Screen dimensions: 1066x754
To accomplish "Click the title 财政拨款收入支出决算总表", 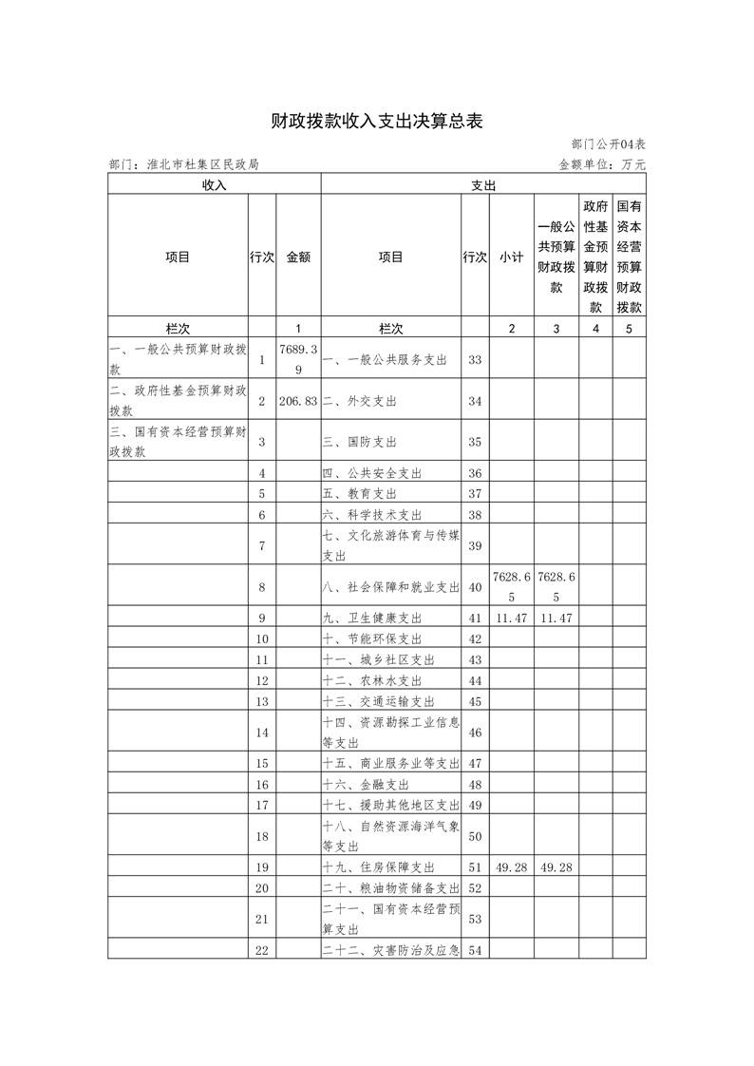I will (x=377, y=121).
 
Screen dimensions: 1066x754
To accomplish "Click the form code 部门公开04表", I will (x=609, y=143).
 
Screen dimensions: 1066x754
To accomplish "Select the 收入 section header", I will (x=214, y=185).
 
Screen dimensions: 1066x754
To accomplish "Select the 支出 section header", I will (x=483, y=185).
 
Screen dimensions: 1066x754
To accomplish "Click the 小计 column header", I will (x=512, y=257).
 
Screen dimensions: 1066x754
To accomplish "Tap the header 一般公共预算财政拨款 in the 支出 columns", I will (x=556, y=257).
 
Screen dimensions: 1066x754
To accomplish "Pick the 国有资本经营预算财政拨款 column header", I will (x=629, y=257).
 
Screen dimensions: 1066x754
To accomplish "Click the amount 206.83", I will (x=298, y=401).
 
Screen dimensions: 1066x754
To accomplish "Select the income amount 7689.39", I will (x=298, y=360).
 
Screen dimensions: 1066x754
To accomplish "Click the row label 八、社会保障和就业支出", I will (x=390, y=586).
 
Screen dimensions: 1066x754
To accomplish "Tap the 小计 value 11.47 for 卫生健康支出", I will (x=512, y=618).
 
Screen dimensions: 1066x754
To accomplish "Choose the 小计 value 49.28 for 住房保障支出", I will (x=512, y=867).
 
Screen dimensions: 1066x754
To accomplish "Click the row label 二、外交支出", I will (x=360, y=401).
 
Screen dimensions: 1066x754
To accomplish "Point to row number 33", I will (x=476, y=360).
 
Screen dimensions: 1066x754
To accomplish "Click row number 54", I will (x=476, y=949).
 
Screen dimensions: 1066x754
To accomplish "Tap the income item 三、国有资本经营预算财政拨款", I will (x=178, y=442).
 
